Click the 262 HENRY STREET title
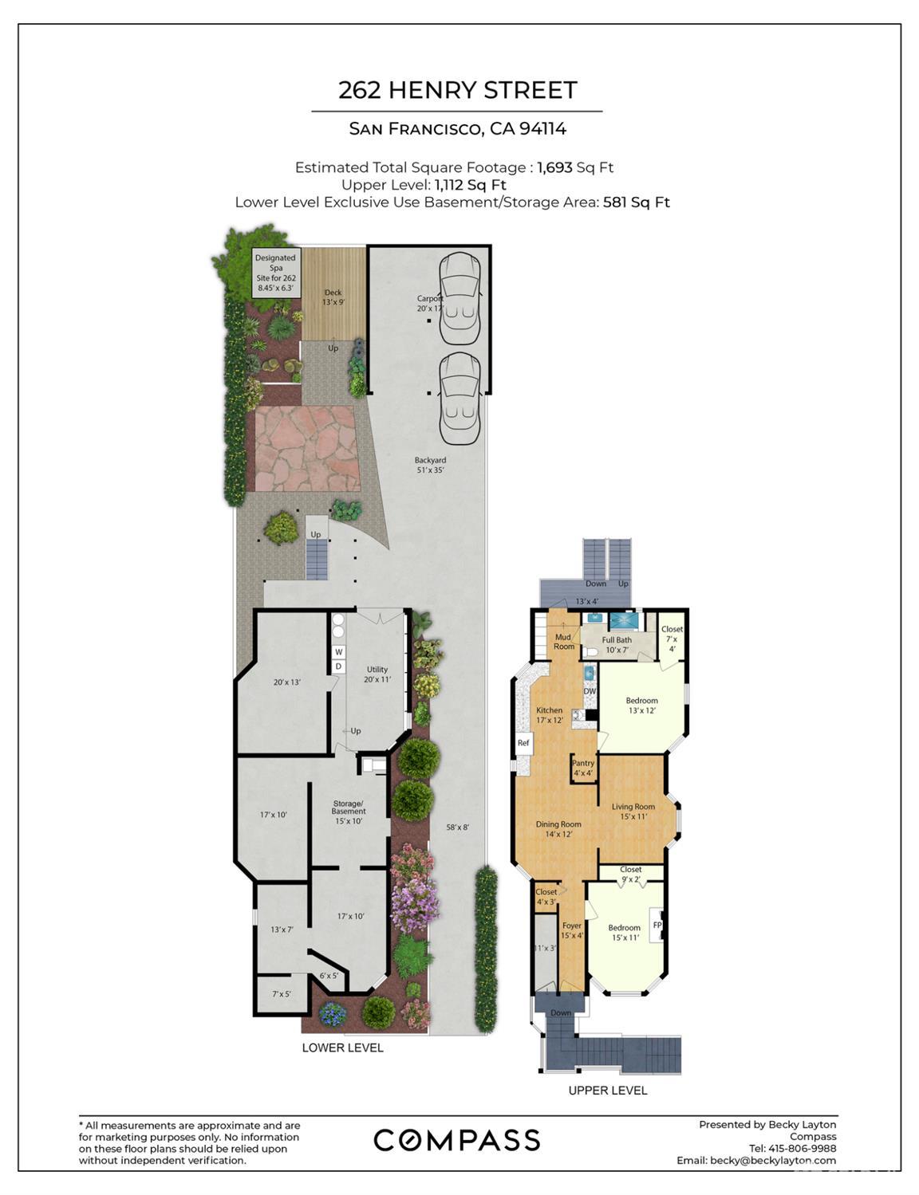pos(457,90)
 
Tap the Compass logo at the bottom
pos(456,1140)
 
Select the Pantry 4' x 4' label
pos(583,768)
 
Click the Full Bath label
pos(617,644)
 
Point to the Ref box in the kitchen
pos(523,743)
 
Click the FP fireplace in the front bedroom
pos(657,925)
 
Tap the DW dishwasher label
pos(590,691)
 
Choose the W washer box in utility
pos(338,652)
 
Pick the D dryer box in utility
pos(338,666)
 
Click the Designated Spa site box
pos(275,272)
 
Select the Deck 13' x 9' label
pos(333,297)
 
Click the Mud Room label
pos(563,642)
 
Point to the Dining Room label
pos(558,829)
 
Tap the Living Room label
pos(633,811)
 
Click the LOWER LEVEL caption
pos(342,1048)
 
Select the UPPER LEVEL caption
pos(607,1090)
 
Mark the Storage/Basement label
pos(349,812)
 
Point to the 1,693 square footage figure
pos(555,167)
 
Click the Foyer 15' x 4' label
pos(572,930)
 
